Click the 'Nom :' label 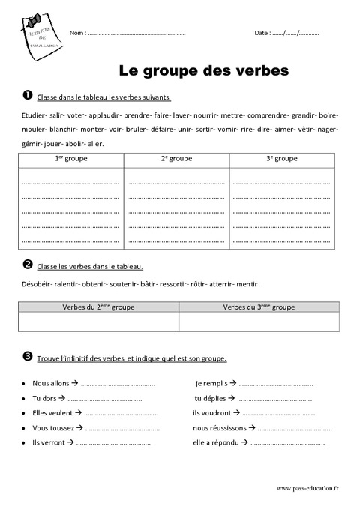click(76, 33)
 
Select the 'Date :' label click(262, 33)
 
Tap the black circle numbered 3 click(27, 358)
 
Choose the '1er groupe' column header click(70, 159)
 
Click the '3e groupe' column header click(282, 159)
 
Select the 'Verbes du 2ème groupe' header click(98, 307)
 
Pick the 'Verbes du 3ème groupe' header click(259, 307)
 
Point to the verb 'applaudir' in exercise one click(106, 116)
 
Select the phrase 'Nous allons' click(50, 383)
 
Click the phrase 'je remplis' click(210, 383)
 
